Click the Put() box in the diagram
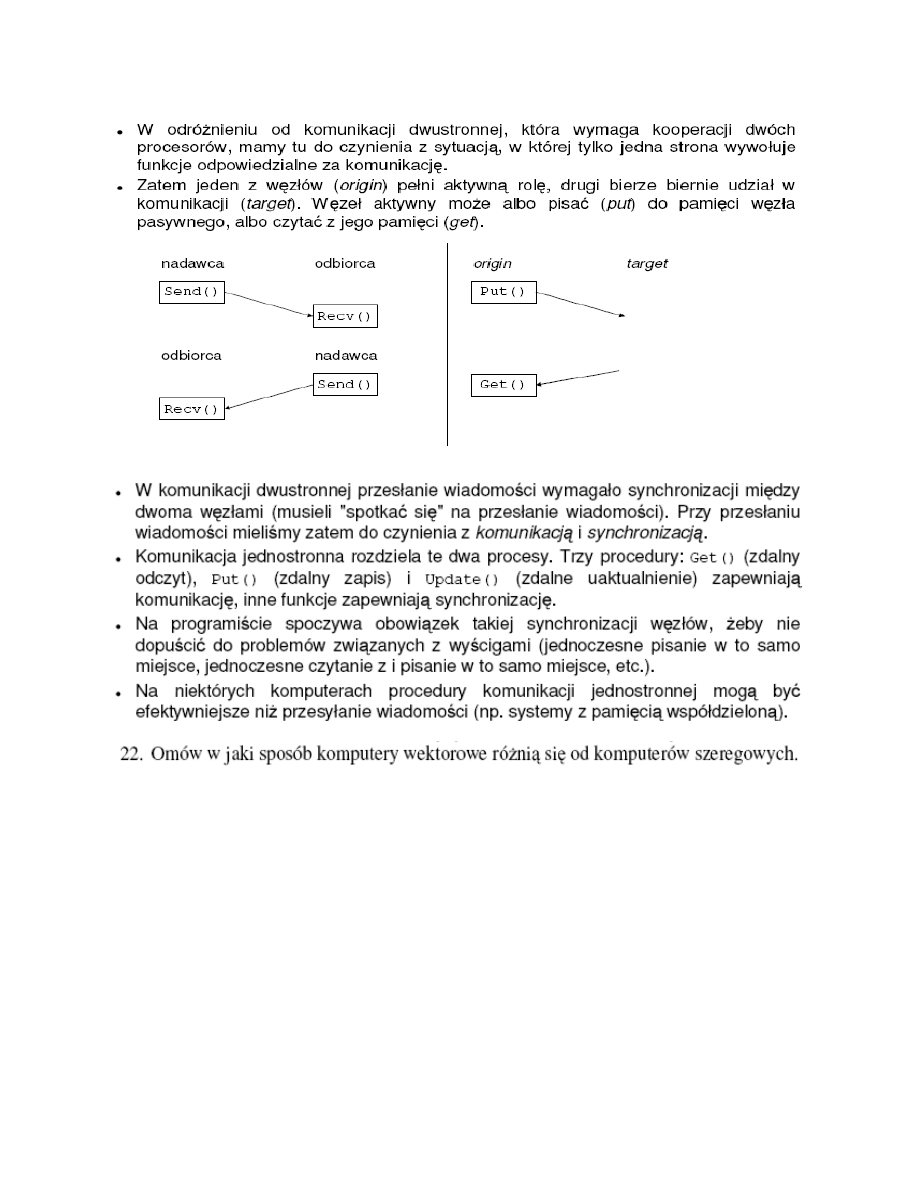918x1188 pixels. click(x=503, y=293)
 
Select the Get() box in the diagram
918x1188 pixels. click(x=503, y=385)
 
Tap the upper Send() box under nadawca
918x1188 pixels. click(x=192, y=293)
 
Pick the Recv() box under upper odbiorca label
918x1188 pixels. click(x=345, y=317)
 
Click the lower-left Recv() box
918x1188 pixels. click(x=192, y=409)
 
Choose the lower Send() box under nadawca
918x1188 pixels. click(x=345, y=384)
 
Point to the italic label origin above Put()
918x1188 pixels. click(x=492, y=264)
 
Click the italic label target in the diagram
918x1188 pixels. click(x=647, y=264)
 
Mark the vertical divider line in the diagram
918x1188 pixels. click(x=447, y=345)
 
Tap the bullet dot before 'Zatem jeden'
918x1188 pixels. click(x=119, y=187)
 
